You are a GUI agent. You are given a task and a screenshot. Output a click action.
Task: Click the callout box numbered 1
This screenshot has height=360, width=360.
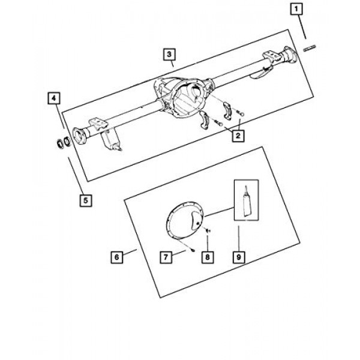[295, 9]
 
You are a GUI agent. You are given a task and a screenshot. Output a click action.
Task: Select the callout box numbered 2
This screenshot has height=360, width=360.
[238, 137]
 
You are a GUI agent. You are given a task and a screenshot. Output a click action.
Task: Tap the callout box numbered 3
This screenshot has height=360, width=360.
[170, 55]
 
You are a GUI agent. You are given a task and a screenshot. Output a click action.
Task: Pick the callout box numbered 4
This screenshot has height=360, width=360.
[54, 98]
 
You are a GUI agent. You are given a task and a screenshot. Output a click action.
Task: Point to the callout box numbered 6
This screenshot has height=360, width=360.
[116, 257]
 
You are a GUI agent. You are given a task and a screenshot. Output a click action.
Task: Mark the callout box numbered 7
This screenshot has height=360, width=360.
[164, 257]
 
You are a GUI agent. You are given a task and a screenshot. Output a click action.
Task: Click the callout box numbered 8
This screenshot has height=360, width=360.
[206, 257]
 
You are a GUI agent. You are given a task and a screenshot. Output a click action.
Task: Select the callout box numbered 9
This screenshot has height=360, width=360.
[238, 257]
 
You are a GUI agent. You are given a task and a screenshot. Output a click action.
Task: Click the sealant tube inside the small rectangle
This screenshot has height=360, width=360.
[246, 200]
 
